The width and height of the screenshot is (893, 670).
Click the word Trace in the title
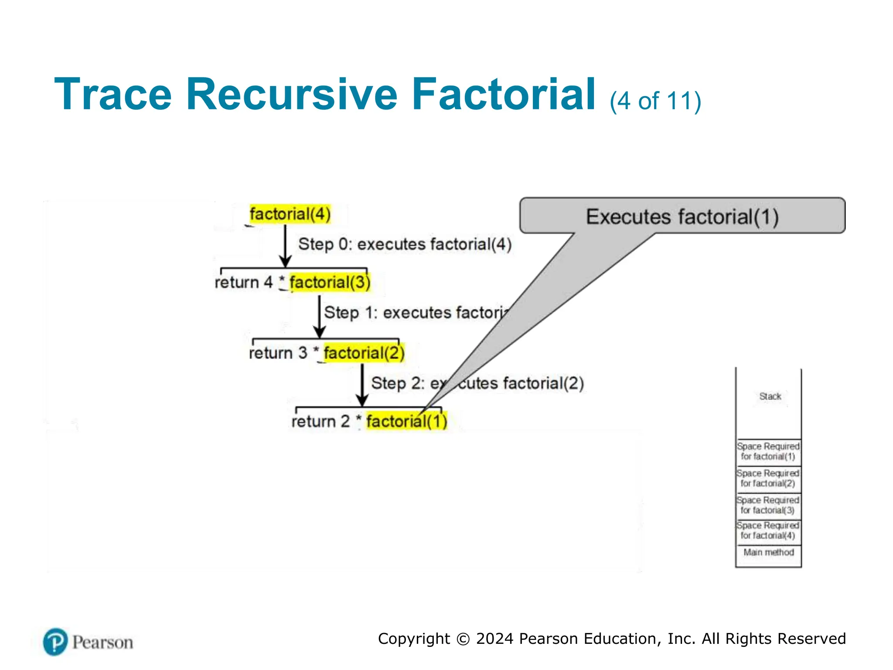pos(113,94)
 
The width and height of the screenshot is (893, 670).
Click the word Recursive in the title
pos(291,94)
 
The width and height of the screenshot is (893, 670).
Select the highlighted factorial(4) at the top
pos(290,214)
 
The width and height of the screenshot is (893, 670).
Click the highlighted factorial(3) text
pos(330,282)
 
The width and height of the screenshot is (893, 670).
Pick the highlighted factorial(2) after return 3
pos(364,352)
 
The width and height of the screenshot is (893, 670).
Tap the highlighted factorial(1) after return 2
pos(406,421)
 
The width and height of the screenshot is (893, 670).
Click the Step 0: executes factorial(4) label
pos(405,244)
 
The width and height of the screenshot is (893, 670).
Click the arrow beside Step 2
pos(362,385)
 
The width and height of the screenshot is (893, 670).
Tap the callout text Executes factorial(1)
pos(682,217)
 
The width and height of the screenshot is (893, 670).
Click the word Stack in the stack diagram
pos(770,396)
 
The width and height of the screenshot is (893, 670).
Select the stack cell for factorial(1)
pos(768,452)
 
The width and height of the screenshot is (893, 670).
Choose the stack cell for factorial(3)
pos(768,505)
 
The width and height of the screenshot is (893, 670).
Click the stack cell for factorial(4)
pos(768,531)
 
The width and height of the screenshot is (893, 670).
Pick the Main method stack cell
pos(768,552)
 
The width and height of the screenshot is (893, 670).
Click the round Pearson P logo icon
pos(55,642)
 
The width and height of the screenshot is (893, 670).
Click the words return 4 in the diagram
pos(243,282)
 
